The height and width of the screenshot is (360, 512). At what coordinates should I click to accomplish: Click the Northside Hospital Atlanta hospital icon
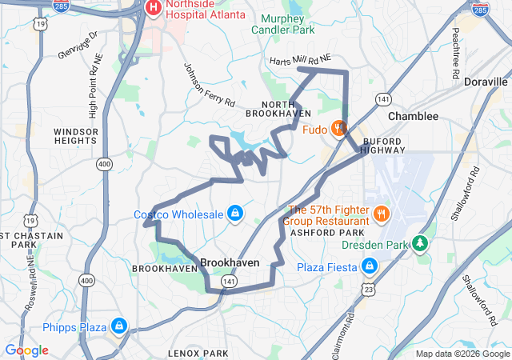(154, 8)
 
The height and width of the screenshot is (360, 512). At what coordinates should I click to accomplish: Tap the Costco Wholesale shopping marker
(235, 214)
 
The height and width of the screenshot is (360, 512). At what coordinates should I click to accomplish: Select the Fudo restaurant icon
(339, 127)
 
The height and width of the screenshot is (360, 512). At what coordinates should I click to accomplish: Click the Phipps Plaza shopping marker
(118, 326)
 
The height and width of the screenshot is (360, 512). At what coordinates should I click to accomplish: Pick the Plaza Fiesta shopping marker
(370, 266)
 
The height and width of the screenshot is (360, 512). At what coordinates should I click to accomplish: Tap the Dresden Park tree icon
(420, 243)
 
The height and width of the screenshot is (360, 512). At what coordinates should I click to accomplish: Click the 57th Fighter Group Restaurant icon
(381, 214)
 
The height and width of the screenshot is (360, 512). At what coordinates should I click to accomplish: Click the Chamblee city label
(413, 116)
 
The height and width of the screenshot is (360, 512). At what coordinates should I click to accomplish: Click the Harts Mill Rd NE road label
(300, 60)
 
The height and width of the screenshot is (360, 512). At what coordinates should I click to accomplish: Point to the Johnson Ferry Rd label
(209, 85)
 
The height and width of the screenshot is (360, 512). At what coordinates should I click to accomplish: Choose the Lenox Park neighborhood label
(198, 352)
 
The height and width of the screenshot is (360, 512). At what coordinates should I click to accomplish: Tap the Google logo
(26, 350)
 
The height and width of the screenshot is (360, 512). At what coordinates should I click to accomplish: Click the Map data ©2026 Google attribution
(462, 353)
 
